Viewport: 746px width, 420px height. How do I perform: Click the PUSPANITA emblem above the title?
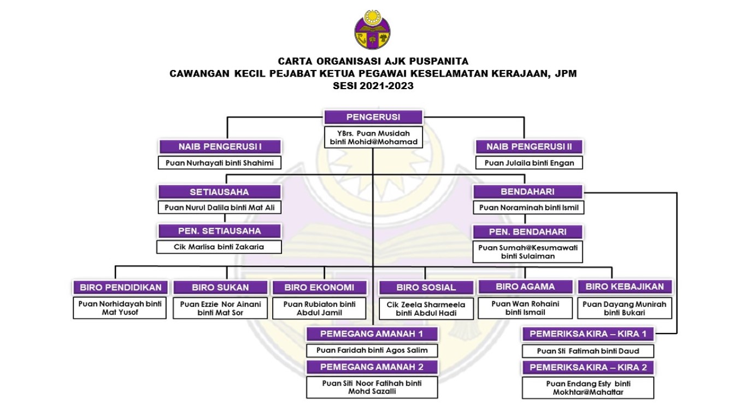coord(372,30)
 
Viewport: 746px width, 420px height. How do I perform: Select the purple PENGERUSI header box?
coord(373,117)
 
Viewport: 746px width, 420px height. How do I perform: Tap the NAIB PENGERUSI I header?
coord(220,147)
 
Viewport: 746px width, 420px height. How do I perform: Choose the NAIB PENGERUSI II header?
coord(529,147)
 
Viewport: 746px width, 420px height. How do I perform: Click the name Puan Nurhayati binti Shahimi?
coord(220,163)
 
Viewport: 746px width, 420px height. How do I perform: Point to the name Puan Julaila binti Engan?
coord(529,163)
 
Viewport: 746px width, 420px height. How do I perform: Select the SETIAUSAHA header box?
coord(220,192)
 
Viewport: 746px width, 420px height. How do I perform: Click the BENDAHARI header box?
coord(528,191)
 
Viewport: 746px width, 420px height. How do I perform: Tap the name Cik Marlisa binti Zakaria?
coord(219,247)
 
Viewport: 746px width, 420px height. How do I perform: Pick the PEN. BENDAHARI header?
coord(527,232)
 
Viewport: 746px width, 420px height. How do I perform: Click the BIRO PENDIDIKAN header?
coord(121,287)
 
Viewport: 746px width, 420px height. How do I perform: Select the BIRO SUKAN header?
coord(220,287)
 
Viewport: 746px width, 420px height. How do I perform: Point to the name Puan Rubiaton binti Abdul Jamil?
coord(319,308)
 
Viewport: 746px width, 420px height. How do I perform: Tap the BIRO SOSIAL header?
coord(426,287)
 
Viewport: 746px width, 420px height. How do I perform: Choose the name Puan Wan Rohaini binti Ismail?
coord(525,308)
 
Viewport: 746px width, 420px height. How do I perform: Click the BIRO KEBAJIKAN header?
coord(625,287)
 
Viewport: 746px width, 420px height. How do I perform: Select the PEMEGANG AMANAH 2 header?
coord(372,367)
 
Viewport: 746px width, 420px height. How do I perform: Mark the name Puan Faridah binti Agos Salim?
coord(372,351)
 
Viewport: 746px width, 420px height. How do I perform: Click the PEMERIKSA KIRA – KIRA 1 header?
coord(588,334)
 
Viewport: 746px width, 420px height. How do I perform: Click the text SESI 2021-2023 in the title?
coord(373,86)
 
